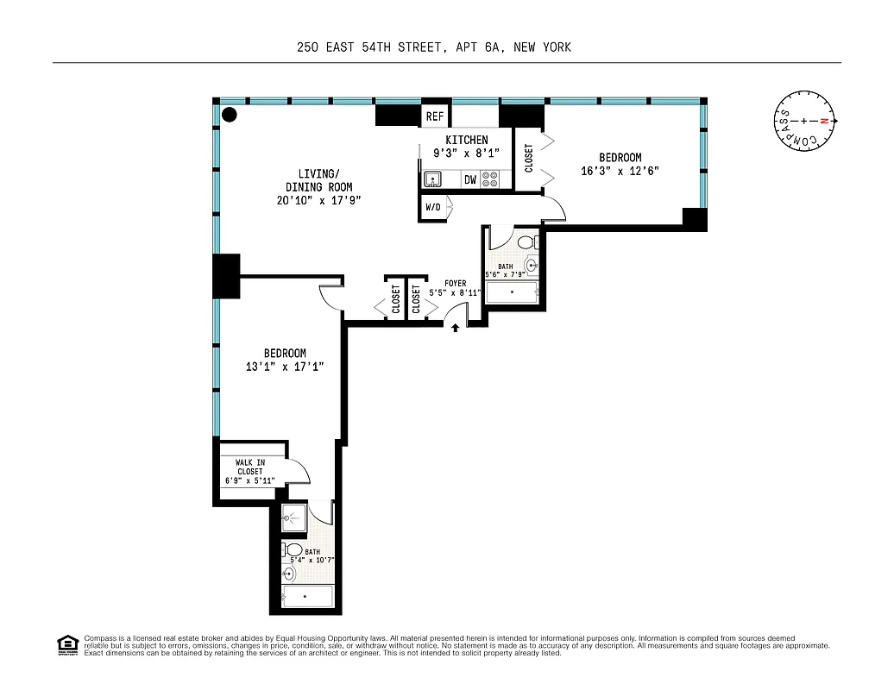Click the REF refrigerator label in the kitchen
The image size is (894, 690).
point(435,116)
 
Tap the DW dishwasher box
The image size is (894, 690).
point(470,180)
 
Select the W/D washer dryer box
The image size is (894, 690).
point(432,208)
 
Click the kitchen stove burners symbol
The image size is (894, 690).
point(491,179)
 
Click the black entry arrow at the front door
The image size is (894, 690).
point(456,327)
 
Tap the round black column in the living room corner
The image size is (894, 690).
point(230,114)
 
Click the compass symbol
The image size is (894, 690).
point(804,122)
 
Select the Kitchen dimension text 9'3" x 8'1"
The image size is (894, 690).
point(466,153)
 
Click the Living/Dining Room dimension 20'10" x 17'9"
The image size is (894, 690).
point(318,200)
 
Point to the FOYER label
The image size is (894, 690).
point(455,283)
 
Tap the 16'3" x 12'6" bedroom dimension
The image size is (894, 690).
point(620,171)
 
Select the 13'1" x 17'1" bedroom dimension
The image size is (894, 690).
point(285,367)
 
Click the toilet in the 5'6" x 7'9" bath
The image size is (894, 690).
point(527,242)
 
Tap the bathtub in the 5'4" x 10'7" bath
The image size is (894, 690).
point(307,596)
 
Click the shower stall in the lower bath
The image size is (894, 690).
point(294,518)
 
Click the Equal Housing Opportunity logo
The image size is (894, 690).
point(66,644)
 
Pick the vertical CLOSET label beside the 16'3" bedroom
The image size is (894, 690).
point(529,158)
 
